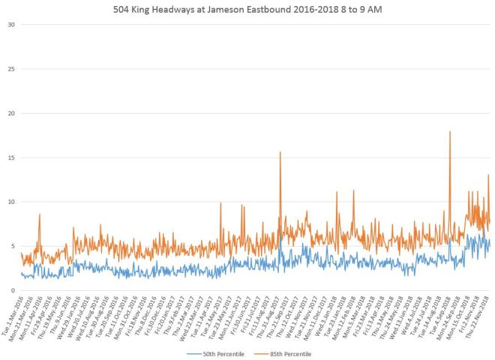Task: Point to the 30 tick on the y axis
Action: click(x=10, y=25)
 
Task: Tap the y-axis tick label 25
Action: click(x=10, y=69)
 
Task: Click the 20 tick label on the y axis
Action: click(x=10, y=113)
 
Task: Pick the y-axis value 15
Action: click(x=10, y=157)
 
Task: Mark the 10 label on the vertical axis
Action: click(x=10, y=202)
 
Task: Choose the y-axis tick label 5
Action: click(x=13, y=246)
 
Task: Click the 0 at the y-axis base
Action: click(x=13, y=290)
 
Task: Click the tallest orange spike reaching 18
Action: click(x=450, y=133)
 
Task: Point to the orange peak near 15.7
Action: click(x=280, y=153)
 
